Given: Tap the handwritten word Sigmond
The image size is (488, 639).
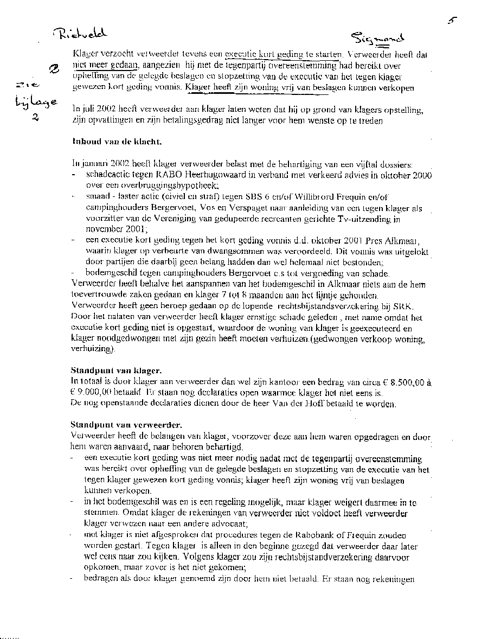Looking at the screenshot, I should point(377,37).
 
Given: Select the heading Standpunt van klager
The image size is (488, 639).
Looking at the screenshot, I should point(115,371).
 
